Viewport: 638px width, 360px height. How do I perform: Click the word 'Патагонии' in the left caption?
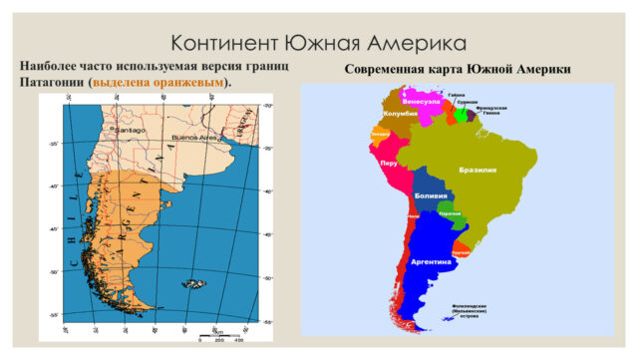51,82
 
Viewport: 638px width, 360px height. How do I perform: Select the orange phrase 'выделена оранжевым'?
159,82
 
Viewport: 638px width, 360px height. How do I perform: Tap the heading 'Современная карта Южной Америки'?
458,69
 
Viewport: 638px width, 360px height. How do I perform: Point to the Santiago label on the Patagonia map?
129,130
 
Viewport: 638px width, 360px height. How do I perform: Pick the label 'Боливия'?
430,195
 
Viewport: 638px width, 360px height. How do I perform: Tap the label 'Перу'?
390,163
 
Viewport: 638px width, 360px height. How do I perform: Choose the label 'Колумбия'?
399,115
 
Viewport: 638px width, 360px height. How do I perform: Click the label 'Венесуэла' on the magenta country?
421,101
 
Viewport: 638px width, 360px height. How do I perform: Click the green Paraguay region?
450,216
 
